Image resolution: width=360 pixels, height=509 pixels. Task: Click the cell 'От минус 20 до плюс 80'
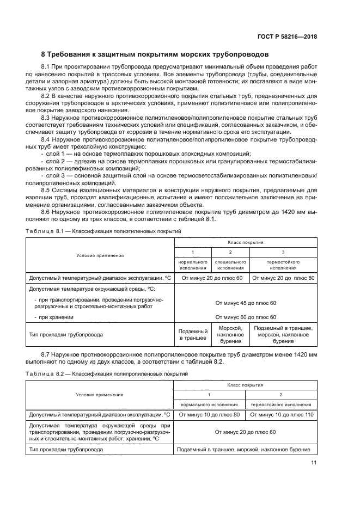click(x=283, y=278)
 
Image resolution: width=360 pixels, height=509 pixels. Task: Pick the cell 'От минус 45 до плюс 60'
click(x=246, y=303)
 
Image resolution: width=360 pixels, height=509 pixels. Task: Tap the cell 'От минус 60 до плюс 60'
click(x=246, y=316)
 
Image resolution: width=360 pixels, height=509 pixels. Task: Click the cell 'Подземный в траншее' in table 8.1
click(x=193, y=334)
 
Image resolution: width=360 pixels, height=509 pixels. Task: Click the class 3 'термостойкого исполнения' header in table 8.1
click(x=283, y=265)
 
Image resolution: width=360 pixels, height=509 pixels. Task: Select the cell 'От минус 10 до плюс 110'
click(x=281, y=414)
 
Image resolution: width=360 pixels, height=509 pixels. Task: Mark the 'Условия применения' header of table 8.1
click(x=100, y=255)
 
